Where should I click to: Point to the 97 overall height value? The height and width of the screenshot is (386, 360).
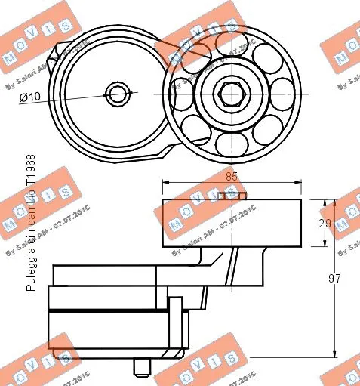[345, 278]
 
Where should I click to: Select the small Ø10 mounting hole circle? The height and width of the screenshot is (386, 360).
[118, 94]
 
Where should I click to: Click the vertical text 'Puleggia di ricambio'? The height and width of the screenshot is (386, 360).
[30, 249]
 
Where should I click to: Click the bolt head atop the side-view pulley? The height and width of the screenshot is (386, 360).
[232, 196]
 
